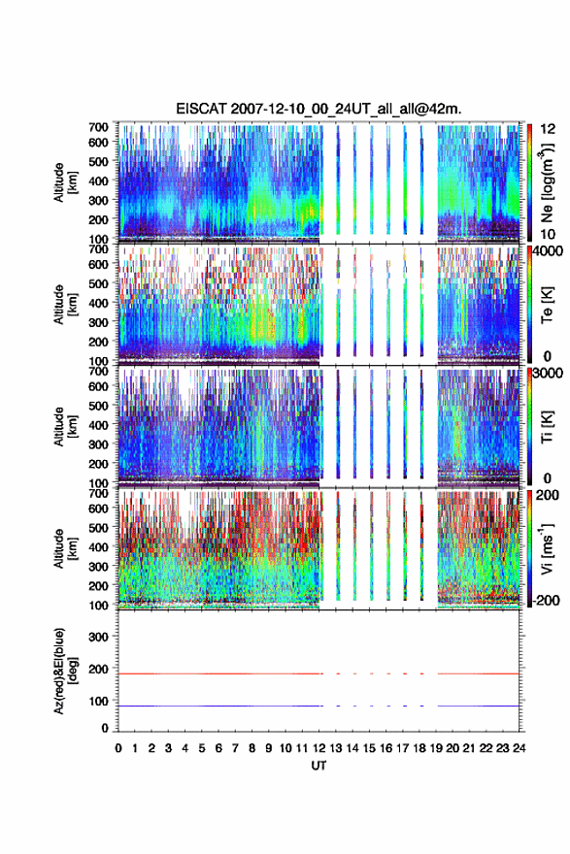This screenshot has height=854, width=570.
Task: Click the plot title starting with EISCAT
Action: (x=319, y=109)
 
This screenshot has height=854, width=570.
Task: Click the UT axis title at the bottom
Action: (x=319, y=766)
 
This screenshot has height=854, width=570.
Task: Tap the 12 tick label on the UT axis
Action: (x=319, y=748)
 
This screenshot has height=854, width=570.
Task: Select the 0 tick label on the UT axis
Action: (x=118, y=748)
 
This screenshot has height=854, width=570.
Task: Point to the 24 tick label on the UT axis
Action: (x=519, y=748)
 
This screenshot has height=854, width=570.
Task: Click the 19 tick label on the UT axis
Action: (x=436, y=748)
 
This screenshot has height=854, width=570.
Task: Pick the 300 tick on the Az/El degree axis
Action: (x=98, y=637)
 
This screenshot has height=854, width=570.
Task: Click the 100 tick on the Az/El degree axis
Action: (x=98, y=701)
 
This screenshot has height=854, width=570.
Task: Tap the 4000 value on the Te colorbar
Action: (x=549, y=251)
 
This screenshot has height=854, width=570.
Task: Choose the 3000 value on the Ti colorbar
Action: (x=549, y=373)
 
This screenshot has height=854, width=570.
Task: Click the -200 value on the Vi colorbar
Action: (x=547, y=600)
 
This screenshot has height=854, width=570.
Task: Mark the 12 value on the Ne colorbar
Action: (x=549, y=129)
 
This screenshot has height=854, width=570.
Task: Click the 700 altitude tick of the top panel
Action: (x=98, y=127)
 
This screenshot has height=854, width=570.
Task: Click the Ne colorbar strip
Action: (x=529, y=182)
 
